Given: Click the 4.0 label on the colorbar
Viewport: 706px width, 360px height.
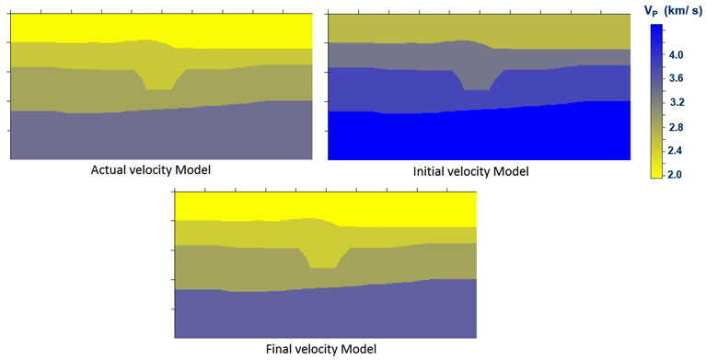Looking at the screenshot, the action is pyautogui.click(x=677, y=55).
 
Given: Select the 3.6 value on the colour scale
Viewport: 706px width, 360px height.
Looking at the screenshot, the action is pyautogui.click(x=677, y=78).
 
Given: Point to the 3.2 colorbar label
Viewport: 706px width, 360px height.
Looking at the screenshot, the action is pyautogui.click(x=677, y=103).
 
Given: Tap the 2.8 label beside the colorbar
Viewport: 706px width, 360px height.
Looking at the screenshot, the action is pyautogui.click(x=677, y=127).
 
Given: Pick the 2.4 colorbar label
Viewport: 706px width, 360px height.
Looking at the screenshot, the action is pyautogui.click(x=677, y=151).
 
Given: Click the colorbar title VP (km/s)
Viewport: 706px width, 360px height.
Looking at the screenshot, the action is pyautogui.click(x=674, y=12).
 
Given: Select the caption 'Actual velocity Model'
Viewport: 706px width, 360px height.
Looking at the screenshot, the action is pyautogui.click(x=150, y=170).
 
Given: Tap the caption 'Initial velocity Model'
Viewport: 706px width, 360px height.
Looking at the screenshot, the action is pyautogui.click(x=471, y=171).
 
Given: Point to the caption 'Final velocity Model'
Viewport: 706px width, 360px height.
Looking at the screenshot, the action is pyautogui.click(x=321, y=349).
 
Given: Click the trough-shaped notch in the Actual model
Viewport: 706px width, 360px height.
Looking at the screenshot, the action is pyautogui.click(x=159, y=79).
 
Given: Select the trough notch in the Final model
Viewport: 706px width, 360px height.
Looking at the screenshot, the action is pyautogui.click(x=323, y=257).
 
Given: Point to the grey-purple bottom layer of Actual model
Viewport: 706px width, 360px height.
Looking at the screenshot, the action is pyautogui.click(x=161, y=135).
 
